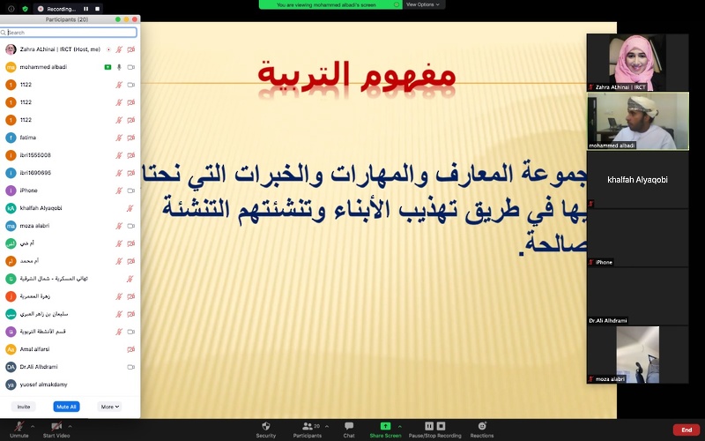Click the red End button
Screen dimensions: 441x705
686,430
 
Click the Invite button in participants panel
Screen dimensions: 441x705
24,407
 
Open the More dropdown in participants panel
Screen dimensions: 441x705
109,407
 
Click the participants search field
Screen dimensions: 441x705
70,33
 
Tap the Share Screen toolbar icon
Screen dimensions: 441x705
385,427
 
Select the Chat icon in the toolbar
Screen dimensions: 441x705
349,427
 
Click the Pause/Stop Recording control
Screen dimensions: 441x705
434,427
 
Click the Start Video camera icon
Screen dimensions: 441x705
56,427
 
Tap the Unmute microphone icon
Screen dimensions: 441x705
19,427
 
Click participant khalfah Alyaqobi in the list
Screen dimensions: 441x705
40,208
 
